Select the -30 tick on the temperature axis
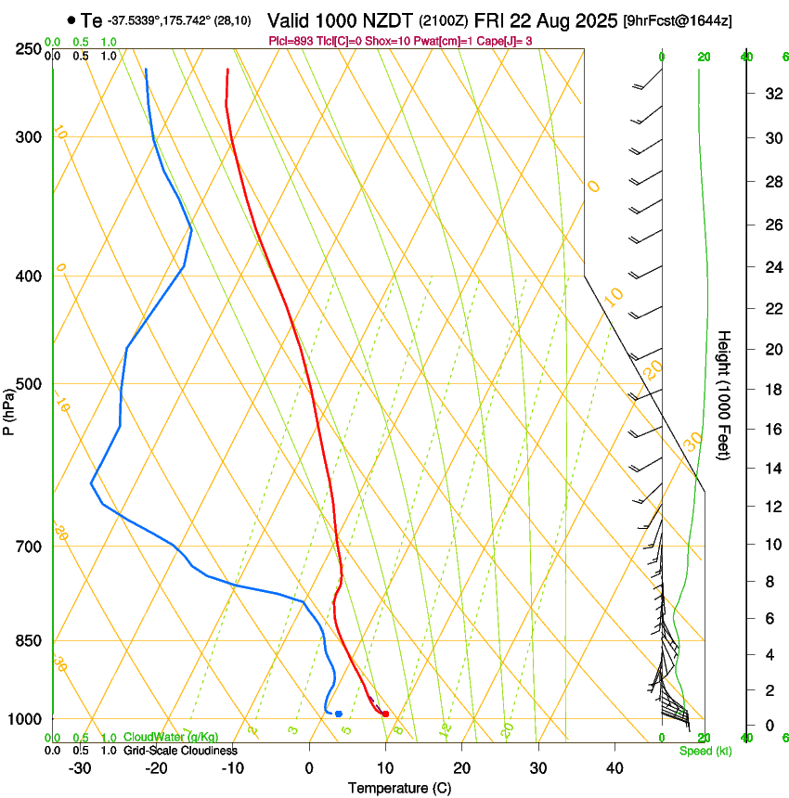pos(80,768)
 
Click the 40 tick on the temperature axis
pos(614,768)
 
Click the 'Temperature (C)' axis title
pos(399,788)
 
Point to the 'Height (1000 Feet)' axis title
pos(725,395)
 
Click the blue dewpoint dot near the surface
pos(339,714)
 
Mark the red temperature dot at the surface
pos(385,714)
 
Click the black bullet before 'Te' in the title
pos(71,19)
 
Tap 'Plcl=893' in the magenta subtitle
pos(291,41)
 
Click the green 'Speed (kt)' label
pos(705,751)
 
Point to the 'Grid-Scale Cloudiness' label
pos(180,751)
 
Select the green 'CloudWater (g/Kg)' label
pos(171,737)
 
